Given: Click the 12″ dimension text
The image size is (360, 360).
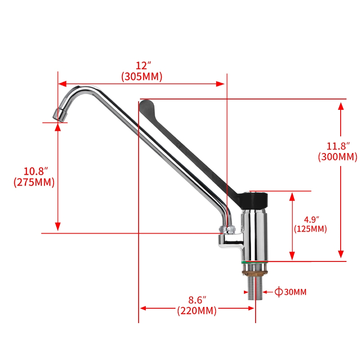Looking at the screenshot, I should point(142,66).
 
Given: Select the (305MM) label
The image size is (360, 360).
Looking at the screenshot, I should point(142,76).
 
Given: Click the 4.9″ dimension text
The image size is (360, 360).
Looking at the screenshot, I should point(310,219).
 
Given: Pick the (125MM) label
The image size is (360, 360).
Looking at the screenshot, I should point(310,229).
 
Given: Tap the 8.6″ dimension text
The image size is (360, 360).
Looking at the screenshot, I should point(197,299).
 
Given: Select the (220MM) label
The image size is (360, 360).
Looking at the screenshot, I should point(197,310).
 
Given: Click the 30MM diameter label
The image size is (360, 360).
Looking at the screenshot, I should point(295,292).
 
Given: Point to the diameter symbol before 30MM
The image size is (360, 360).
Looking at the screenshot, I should point(279,292).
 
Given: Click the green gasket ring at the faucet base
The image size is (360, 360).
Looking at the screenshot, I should point(255,262).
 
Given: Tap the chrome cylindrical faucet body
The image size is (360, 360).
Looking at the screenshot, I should point(255,236).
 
